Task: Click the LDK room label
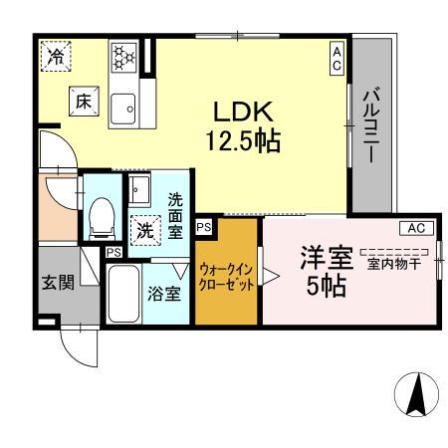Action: [x=242, y=112]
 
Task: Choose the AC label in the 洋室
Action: [x=416, y=227]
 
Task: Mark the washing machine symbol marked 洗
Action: [x=145, y=228]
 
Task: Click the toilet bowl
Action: [x=101, y=215]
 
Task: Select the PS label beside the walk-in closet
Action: [x=203, y=227]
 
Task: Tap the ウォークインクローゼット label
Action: [x=228, y=276]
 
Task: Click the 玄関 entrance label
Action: [x=59, y=282]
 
